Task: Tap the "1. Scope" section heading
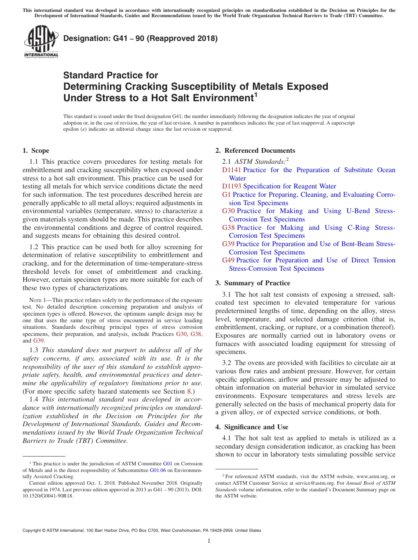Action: point(36,151)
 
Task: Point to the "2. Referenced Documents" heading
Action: point(255,151)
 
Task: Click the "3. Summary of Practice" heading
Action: point(253,283)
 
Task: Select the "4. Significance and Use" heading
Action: point(252,427)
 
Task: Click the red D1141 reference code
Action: point(231,170)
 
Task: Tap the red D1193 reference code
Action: point(231,186)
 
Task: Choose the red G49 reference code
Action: point(228,260)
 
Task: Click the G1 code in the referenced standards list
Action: point(226,195)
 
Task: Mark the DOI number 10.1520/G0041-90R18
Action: point(48,495)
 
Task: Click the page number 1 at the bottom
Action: point(209,541)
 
